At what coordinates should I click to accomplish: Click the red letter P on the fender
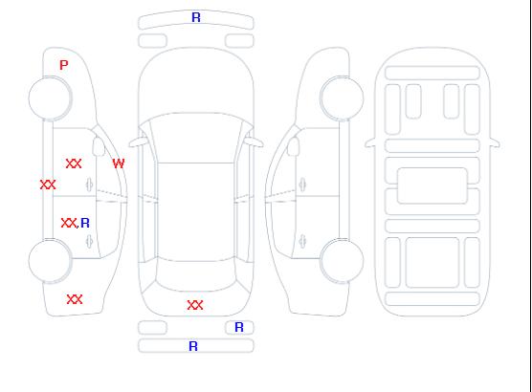(64, 65)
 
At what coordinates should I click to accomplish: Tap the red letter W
(119, 163)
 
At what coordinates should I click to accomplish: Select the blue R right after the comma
(85, 223)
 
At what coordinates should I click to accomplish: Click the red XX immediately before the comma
(69, 223)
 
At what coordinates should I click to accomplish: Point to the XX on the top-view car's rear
(195, 305)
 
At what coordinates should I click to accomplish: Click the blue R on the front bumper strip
(196, 17)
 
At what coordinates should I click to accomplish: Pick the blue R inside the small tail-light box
(239, 327)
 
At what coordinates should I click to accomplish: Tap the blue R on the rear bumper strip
(193, 346)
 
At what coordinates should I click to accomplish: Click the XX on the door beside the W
(74, 163)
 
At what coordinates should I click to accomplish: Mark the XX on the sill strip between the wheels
(48, 185)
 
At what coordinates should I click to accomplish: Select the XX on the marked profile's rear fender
(75, 299)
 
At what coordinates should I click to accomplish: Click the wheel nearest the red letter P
(50, 98)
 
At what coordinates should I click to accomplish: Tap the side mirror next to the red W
(99, 146)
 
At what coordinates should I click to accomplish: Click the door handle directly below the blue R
(89, 241)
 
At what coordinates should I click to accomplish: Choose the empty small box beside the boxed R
(153, 328)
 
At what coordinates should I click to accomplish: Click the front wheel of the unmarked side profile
(342, 98)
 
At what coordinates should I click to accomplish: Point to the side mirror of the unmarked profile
(294, 146)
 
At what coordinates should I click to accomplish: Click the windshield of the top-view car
(196, 138)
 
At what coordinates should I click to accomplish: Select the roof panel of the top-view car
(196, 212)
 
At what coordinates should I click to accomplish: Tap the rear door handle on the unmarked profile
(302, 241)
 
